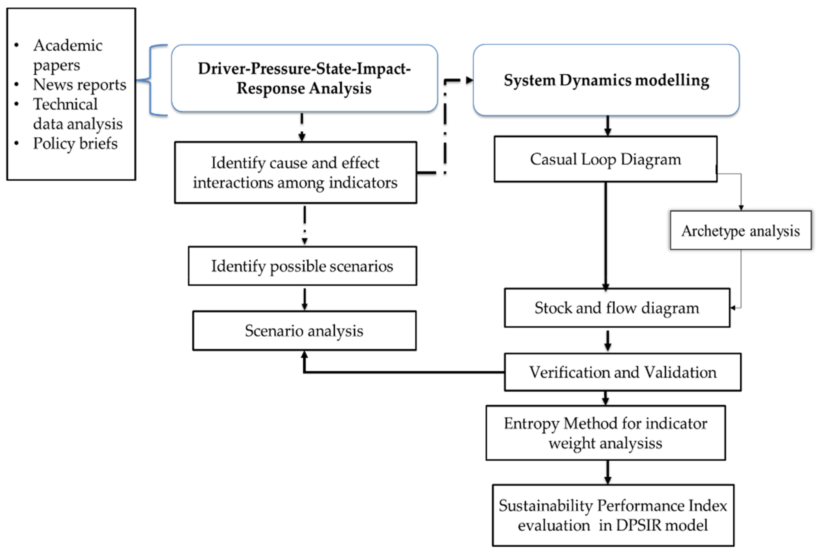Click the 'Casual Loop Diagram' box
(605, 159)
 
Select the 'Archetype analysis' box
(740, 231)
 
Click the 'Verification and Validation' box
(622, 372)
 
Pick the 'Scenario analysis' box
(304, 330)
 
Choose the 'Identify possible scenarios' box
(302, 266)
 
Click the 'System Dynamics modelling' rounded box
(606, 80)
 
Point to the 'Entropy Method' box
(605, 433)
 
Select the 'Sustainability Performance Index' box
(613, 515)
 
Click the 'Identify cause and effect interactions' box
(295, 173)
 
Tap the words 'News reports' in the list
(80, 85)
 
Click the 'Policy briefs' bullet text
(75, 143)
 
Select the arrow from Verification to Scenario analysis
(402, 372)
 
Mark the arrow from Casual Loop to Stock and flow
(606, 236)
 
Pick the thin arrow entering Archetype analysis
(741, 197)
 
